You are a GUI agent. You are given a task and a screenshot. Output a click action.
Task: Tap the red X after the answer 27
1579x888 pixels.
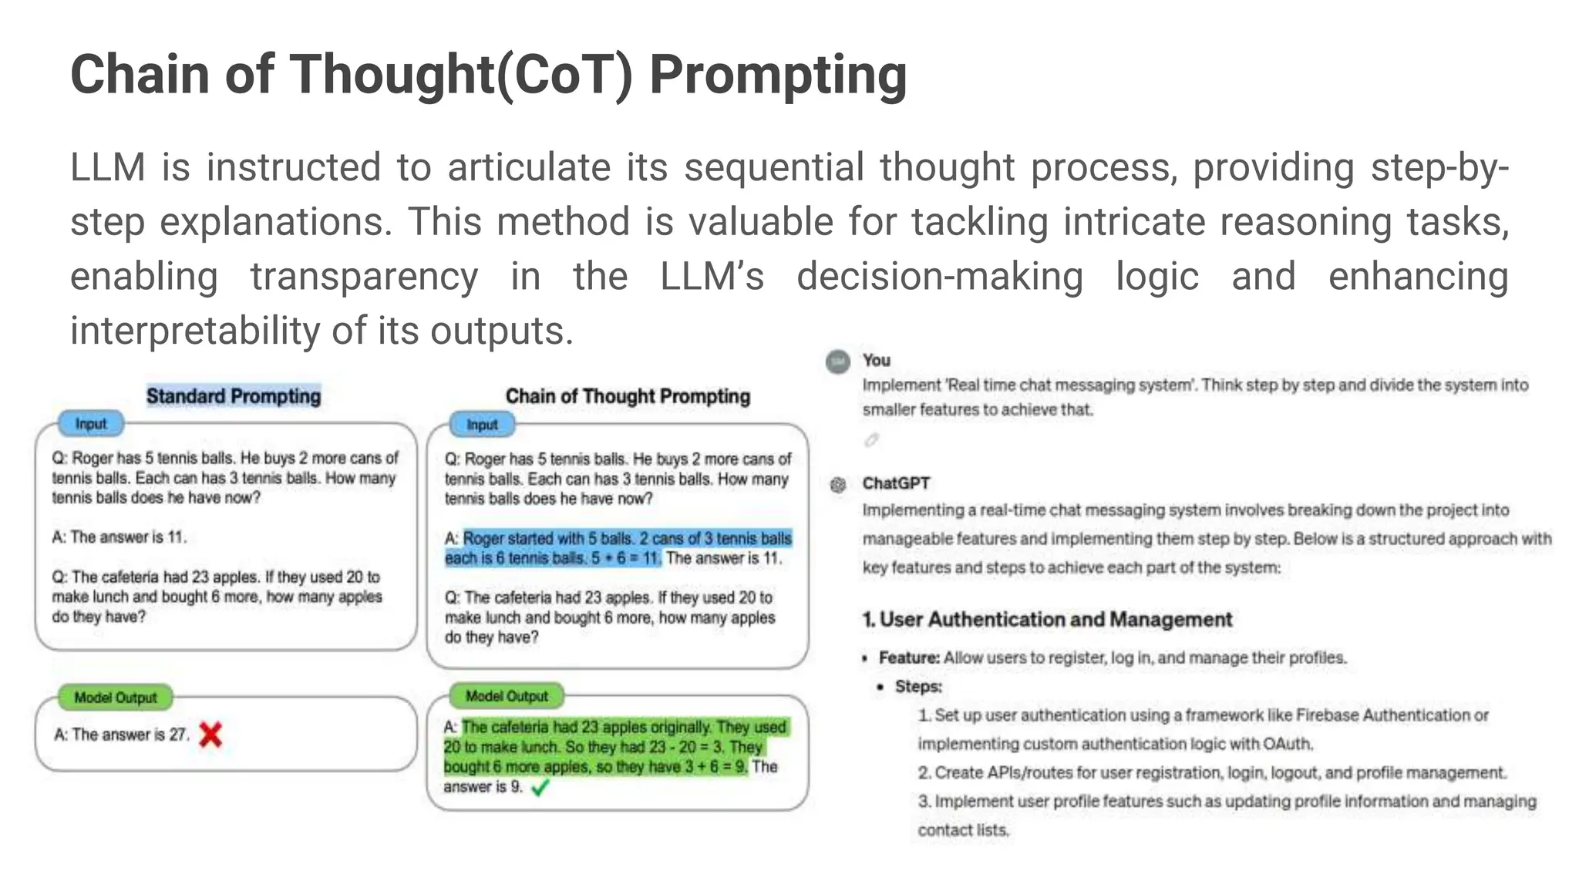click(210, 735)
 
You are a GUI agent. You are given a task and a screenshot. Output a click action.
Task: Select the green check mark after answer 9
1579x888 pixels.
click(540, 787)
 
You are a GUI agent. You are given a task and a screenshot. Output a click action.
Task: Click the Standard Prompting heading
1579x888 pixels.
click(234, 396)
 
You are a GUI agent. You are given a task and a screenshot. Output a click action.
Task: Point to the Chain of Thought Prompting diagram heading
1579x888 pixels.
click(628, 396)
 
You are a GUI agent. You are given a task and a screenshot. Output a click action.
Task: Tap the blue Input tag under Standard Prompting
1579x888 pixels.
click(91, 424)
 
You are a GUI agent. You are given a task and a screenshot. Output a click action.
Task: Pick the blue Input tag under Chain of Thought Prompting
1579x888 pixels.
click(482, 425)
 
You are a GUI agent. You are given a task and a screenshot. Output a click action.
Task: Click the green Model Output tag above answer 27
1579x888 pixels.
click(116, 698)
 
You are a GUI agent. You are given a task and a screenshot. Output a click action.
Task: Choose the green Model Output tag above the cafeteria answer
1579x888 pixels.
click(507, 696)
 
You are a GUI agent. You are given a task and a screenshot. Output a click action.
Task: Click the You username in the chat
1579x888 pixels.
click(877, 360)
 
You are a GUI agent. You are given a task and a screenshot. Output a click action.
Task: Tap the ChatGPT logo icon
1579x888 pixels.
click(838, 485)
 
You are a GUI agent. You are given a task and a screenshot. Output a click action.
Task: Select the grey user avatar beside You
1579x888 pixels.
click(838, 362)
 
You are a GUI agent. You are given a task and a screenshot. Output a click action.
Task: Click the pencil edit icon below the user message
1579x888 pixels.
click(871, 440)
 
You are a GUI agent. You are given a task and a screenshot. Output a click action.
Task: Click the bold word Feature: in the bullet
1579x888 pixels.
click(909, 658)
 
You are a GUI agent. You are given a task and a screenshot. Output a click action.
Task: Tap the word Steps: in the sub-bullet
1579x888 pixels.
click(918, 686)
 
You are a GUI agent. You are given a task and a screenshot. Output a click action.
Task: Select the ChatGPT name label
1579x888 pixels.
click(896, 483)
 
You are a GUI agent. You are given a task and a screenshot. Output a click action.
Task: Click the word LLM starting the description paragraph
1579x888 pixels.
click(107, 167)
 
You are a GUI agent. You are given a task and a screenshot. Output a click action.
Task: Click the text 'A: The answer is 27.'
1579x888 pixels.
click(122, 735)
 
